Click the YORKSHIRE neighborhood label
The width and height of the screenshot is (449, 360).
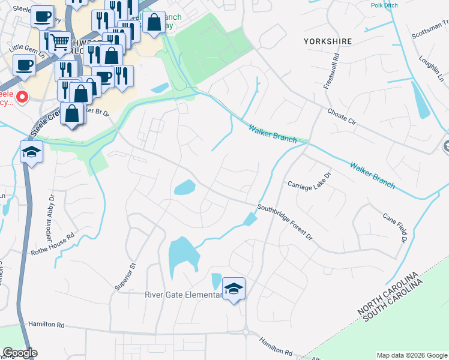[327, 41]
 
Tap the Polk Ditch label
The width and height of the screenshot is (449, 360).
[384, 5]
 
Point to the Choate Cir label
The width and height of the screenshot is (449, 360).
[342, 116]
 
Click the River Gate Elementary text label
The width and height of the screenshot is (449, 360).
[182, 295]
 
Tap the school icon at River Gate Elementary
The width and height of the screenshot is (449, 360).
[234, 289]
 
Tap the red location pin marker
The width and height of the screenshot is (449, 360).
[22, 96]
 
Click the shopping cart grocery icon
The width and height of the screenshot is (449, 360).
[59, 43]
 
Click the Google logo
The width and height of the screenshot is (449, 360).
[20, 353]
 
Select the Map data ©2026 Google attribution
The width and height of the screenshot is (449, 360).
[412, 355]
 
